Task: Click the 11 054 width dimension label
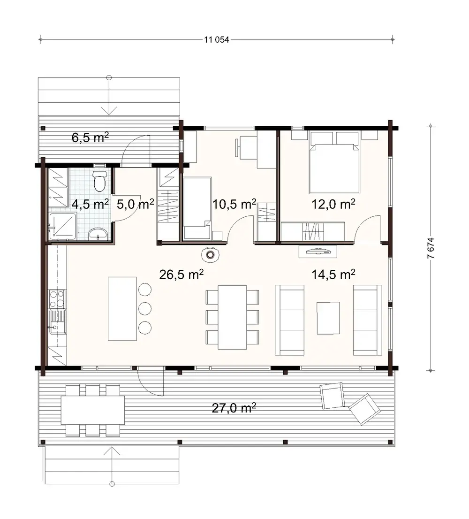tap(216, 40)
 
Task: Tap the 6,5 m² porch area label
tap(91, 137)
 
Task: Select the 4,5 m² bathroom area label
tap(90, 204)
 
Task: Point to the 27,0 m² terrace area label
tap(234, 408)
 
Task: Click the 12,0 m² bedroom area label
tap(333, 204)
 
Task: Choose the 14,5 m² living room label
tap(333, 275)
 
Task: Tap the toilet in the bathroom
tap(99, 182)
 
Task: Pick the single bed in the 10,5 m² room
tap(197, 208)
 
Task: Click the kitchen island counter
tap(122, 308)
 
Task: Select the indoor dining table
tap(232, 317)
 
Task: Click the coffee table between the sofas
tap(328, 318)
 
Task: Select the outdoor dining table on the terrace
tap(93, 410)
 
